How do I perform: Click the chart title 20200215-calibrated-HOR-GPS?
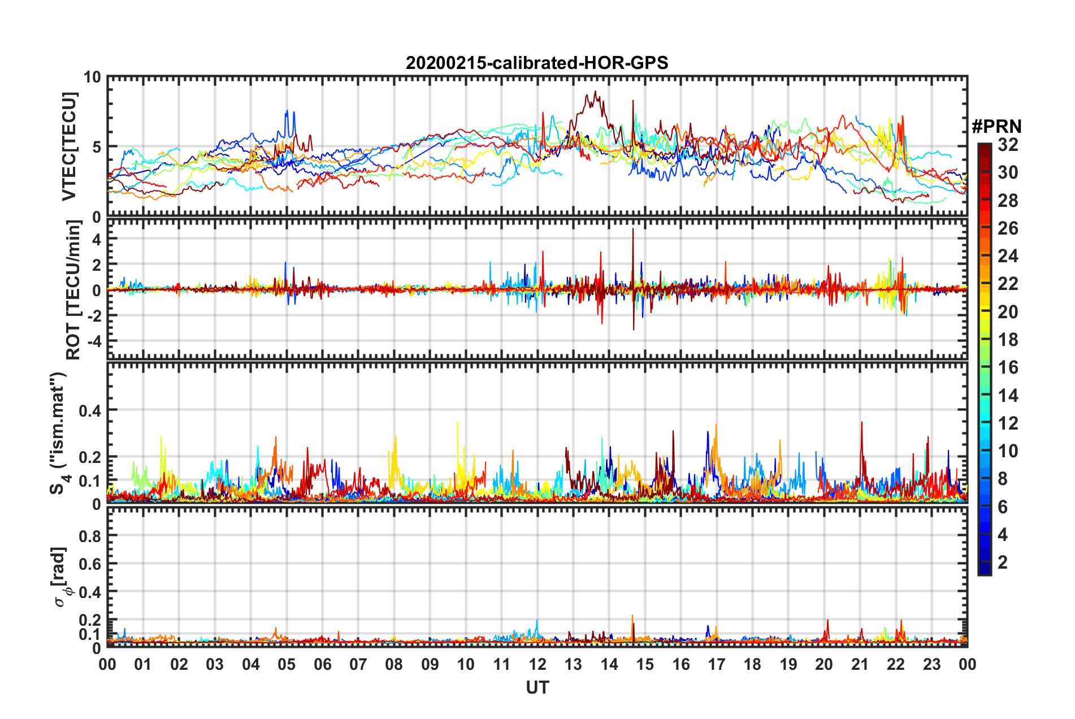tap(537, 62)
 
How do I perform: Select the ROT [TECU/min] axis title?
tap(73, 290)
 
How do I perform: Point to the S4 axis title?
tap(59, 433)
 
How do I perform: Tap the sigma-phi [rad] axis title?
tap(61, 577)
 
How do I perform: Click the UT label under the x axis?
tap(537, 687)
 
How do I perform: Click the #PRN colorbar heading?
tap(996, 126)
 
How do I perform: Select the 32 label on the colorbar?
tap(1008, 145)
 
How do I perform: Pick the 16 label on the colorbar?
tap(1008, 367)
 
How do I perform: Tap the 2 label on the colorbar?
tap(1003, 562)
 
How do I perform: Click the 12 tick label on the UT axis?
tap(537, 664)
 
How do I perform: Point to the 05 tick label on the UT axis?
tap(287, 664)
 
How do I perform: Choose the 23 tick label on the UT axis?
tap(931, 664)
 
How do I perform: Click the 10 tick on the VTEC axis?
tap(92, 77)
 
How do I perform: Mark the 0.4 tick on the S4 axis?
tap(90, 410)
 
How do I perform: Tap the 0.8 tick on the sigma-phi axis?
tap(90, 536)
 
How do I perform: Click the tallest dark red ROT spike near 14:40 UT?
tap(633, 229)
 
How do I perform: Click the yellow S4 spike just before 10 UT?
tap(457, 422)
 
